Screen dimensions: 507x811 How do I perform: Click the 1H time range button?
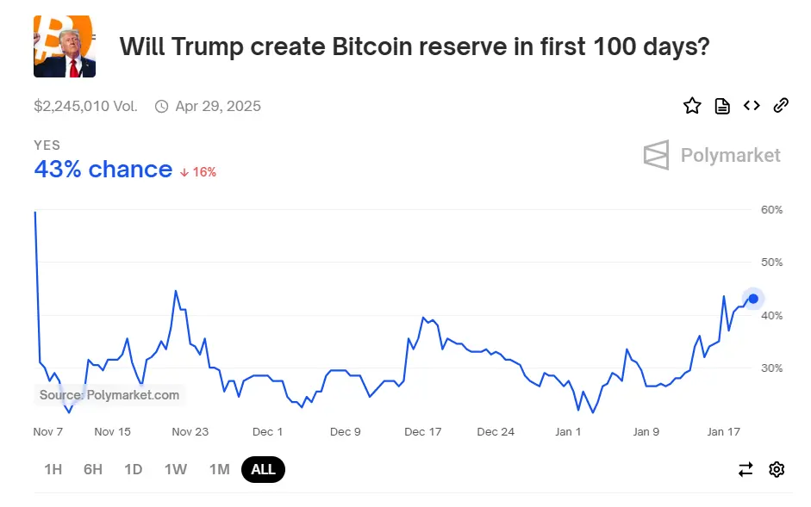(x=53, y=469)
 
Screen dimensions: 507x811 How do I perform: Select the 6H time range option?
(x=93, y=469)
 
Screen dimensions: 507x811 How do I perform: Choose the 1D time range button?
(x=133, y=469)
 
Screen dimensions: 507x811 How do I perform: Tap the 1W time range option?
(x=175, y=469)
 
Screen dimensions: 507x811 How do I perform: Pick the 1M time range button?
(x=219, y=469)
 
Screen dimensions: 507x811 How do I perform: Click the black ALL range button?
(x=263, y=469)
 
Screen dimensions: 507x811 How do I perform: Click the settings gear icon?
(x=777, y=469)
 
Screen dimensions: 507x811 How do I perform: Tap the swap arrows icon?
(x=745, y=469)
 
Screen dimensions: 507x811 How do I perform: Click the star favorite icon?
(x=692, y=106)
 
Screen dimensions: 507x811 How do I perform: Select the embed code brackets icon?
(x=752, y=106)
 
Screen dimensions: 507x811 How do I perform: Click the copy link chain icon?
(x=781, y=106)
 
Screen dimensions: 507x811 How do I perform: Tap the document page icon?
(x=722, y=106)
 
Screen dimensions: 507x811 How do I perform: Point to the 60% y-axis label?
(x=771, y=210)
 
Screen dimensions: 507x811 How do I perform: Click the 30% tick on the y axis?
(x=771, y=368)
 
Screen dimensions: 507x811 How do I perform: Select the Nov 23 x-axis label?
(x=190, y=431)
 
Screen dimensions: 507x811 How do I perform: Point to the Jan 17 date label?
(x=724, y=431)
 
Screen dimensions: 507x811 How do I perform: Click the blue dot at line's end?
(x=753, y=299)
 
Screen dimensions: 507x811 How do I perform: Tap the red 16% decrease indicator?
(x=198, y=171)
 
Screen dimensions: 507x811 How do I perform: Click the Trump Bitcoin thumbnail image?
(x=65, y=46)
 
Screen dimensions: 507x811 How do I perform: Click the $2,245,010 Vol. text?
(x=85, y=107)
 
